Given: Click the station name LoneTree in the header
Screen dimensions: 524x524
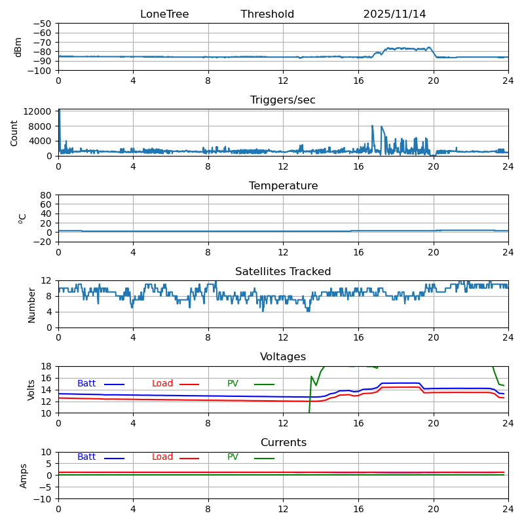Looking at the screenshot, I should (x=164, y=14).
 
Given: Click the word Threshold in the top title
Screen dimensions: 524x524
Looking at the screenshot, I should (x=267, y=14).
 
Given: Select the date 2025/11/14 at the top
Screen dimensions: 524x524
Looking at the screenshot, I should (x=394, y=14).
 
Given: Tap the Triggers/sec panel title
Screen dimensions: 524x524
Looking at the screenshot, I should (x=283, y=100).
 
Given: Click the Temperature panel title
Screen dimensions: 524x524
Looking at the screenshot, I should (x=283, y=186).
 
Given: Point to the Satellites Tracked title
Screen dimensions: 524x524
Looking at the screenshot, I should (x=283, y=272).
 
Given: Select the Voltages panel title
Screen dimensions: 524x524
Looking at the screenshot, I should (x=283, y=357).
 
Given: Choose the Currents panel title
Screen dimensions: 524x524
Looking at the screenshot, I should (x=283, y=443).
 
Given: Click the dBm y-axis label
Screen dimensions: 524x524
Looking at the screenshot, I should (x=18, y=47).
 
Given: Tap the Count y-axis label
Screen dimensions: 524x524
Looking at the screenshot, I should (x=14, y=132).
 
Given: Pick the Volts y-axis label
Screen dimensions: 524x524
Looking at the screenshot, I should (x=31, y=390).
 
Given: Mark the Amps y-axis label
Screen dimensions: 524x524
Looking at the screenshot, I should (x=24, y=476).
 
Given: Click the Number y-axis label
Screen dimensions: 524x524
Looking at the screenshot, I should (x=31, y=305).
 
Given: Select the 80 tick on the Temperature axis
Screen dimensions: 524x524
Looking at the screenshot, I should (x=47, y=195).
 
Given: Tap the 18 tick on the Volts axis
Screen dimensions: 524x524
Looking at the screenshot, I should (x=47, y=366).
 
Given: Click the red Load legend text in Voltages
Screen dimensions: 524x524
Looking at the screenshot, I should (x=162, y=384).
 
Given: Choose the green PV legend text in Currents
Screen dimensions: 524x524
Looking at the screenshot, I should (x=233, y=457).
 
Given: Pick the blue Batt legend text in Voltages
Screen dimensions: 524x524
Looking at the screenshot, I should (x=86, y=384).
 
